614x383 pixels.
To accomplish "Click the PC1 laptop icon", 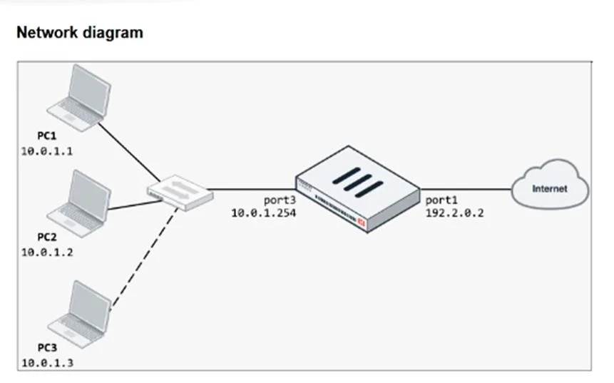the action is (79, 98).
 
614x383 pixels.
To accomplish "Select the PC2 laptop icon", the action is (79, 204).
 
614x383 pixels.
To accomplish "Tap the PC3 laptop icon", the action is (79, 314).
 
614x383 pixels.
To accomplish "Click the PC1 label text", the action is (47, 136).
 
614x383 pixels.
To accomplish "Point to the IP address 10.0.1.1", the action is (47, 151).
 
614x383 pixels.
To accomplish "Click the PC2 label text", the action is (47, 237).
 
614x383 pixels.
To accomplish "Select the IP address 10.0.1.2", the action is (47, 252).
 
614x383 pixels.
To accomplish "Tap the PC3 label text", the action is (47, 347).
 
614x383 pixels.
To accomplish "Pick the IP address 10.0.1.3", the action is (47, 363).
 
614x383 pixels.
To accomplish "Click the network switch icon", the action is (180, 193).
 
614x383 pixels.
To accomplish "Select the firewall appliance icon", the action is (357, 189).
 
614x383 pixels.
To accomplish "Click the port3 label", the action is (280, 200).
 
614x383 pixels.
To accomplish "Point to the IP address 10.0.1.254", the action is (264, 213).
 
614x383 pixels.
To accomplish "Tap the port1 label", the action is (441, 200).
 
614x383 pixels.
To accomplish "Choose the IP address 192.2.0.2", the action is (455, 213).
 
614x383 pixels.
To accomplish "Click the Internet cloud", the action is (550, 185).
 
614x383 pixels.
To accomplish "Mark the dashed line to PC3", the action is (144, 259).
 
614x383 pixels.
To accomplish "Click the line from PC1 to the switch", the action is (129, 153).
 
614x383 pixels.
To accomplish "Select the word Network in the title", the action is (47, 33).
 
